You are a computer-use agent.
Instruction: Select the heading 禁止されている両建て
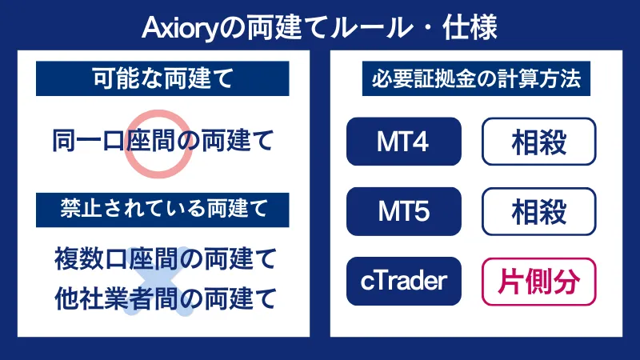coord(162,209)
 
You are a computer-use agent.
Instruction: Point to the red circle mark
coord(158,142)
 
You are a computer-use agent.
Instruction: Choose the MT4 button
coord(404,142)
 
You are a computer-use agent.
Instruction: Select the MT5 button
coord(404,211)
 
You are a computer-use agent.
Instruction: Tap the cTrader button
coord(404,281)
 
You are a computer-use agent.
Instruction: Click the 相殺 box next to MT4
coord(538,142)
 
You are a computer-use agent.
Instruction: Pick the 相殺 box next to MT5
coord(538,211)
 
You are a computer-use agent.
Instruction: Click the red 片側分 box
coord(538,281)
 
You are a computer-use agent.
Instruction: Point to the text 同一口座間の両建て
coord(162,142)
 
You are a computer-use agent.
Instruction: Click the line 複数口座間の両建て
coord(165,259)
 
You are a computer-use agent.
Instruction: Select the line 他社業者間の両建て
coord(165,298)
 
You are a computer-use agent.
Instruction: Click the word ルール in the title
coord(370,29)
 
